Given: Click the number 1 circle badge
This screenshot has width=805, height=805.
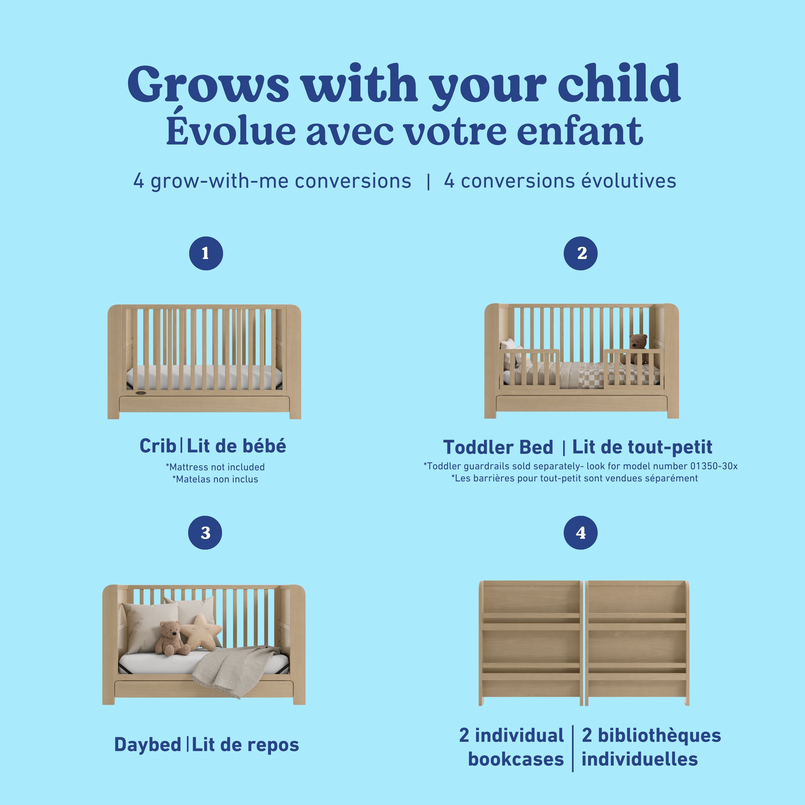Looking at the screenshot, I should point(206,253).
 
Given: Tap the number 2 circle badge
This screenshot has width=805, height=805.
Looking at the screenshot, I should point(580,253).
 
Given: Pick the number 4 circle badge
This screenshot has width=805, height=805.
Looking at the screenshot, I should point(580,533).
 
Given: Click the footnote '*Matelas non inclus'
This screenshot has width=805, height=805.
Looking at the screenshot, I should point(215,479).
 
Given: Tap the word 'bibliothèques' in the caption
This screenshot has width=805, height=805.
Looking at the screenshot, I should point(651,735).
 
